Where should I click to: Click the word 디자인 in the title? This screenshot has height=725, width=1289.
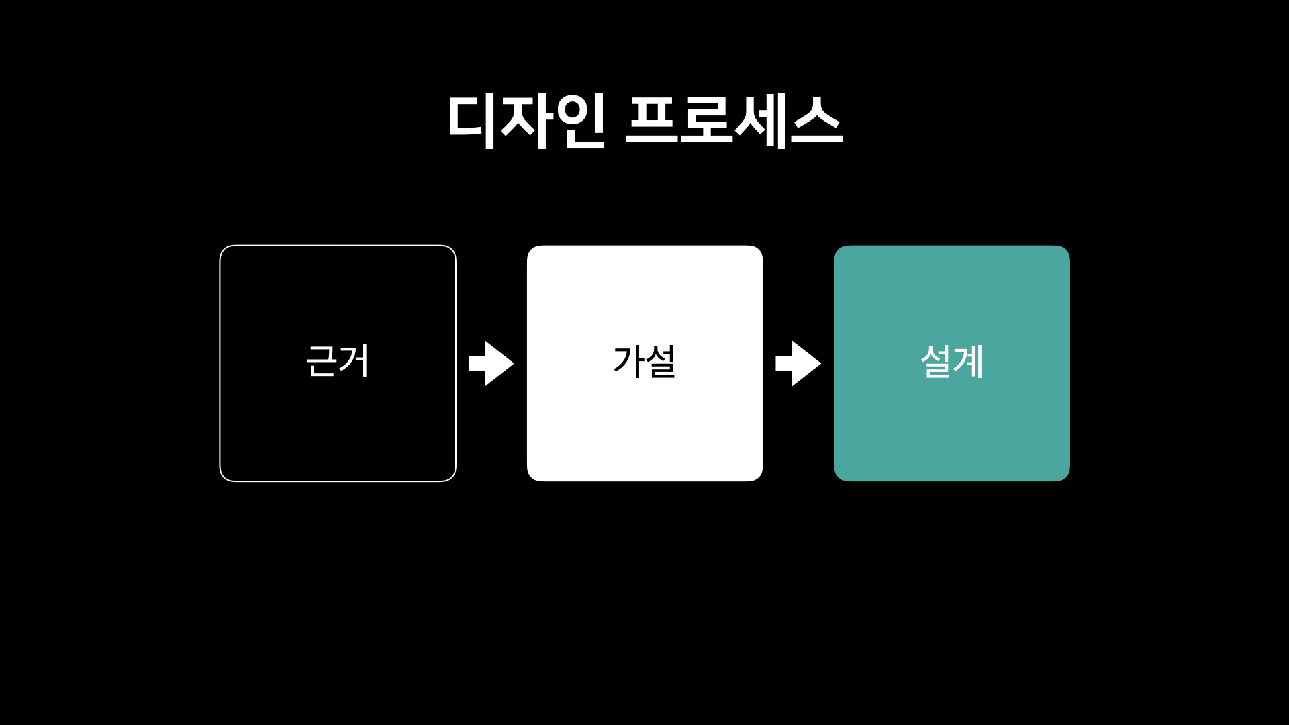[x=526, y=121]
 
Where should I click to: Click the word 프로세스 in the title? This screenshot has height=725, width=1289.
[x=734, y=121]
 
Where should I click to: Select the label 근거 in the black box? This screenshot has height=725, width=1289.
[x=338, y=361]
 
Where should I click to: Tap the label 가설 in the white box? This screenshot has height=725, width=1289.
[x=644, y=361]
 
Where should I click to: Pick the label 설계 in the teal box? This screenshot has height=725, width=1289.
[x=952, y=361]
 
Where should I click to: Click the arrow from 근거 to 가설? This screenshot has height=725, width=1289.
[x=491, y=363]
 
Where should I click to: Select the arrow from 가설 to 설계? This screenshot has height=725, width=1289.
[x=798, y=363]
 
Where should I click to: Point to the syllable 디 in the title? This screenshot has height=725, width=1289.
[x=471, y=121]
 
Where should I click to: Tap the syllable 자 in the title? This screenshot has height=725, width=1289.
[x=527, y=121]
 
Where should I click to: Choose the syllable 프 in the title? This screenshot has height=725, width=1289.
[x=651, y=121]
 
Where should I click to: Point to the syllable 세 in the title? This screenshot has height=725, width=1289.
[x=761, y=121]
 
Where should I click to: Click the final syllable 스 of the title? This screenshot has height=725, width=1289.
[x=816, y=121]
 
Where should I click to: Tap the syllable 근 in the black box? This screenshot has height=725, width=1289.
[x=322, y=361]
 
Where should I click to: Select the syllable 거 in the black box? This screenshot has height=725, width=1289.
[x=354, y=361]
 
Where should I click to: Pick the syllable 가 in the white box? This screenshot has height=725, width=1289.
[x=628, y=361]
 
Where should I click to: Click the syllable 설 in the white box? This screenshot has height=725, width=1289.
[x=661, y=361]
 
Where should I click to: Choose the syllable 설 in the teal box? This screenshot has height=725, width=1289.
[x=936, y=361]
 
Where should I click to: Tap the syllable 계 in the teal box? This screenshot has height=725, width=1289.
[x=969, y=361]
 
